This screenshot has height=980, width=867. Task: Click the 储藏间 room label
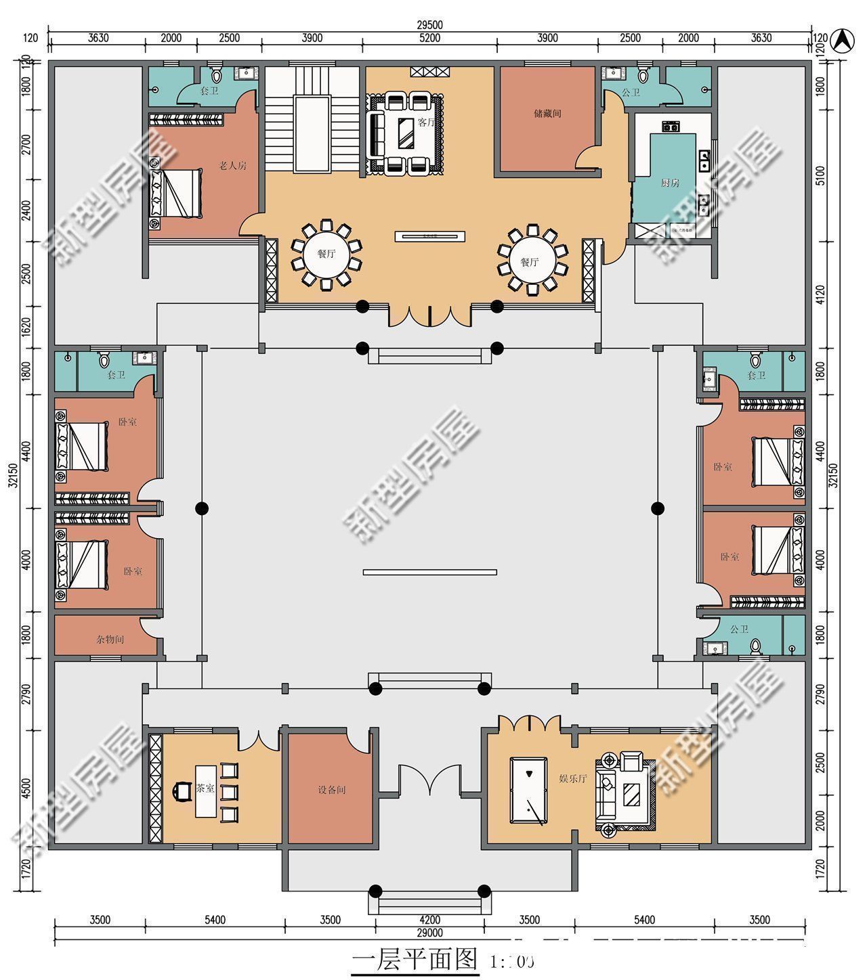point(547,113)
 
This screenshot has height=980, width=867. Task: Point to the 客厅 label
point(426,122)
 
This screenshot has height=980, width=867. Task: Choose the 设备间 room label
point(332,790)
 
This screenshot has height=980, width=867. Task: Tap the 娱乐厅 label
point(573,778)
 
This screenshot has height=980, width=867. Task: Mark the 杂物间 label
point(110,639)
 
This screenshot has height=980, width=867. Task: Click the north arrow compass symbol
point(842,40)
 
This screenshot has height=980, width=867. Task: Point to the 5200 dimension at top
point(429,39)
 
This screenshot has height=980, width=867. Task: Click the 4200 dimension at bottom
point(429,920)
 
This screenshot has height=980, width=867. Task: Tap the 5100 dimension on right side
point(820,177)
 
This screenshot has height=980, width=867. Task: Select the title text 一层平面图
point(415,960)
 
